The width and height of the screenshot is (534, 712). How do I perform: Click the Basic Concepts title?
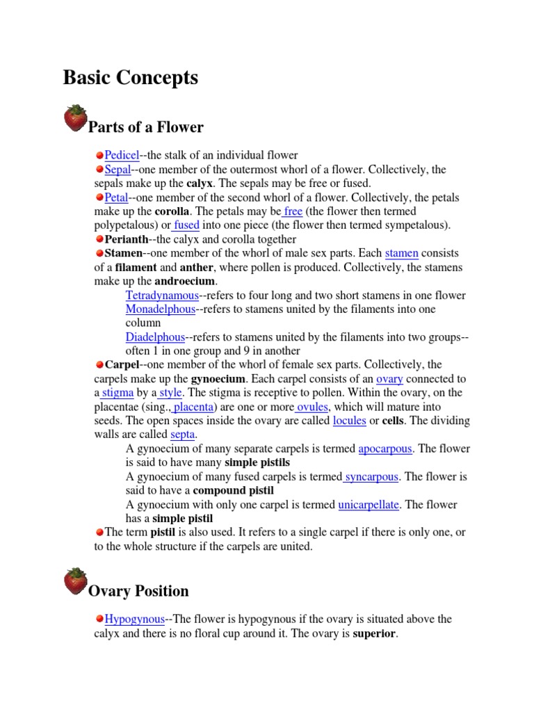click(130, 78)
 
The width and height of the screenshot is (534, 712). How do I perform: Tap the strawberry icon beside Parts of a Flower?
click(76, 118)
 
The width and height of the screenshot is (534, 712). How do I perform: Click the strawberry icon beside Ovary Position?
click(76, 581)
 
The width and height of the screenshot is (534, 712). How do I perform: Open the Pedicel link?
click(122, 155)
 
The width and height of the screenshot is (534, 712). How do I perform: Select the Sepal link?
click(118, 169)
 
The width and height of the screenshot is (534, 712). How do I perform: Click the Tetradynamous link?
click(161, 295)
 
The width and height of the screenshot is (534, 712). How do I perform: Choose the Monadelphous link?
click(160, 309)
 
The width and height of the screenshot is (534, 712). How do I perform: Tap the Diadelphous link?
click(155, 337)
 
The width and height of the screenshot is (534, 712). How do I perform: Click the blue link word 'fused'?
click(186, 225)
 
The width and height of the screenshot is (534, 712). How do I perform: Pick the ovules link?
click(312, 406)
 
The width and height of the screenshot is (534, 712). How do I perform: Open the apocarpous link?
click(385, 448)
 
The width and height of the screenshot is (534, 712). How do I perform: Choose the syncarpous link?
click(372, 476)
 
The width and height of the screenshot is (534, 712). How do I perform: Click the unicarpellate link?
click(368, 504)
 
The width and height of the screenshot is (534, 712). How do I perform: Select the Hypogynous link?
click(134, 618)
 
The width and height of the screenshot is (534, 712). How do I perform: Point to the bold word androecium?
click(184, 281)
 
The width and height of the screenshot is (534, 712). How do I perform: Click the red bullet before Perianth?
click(99, 239)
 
